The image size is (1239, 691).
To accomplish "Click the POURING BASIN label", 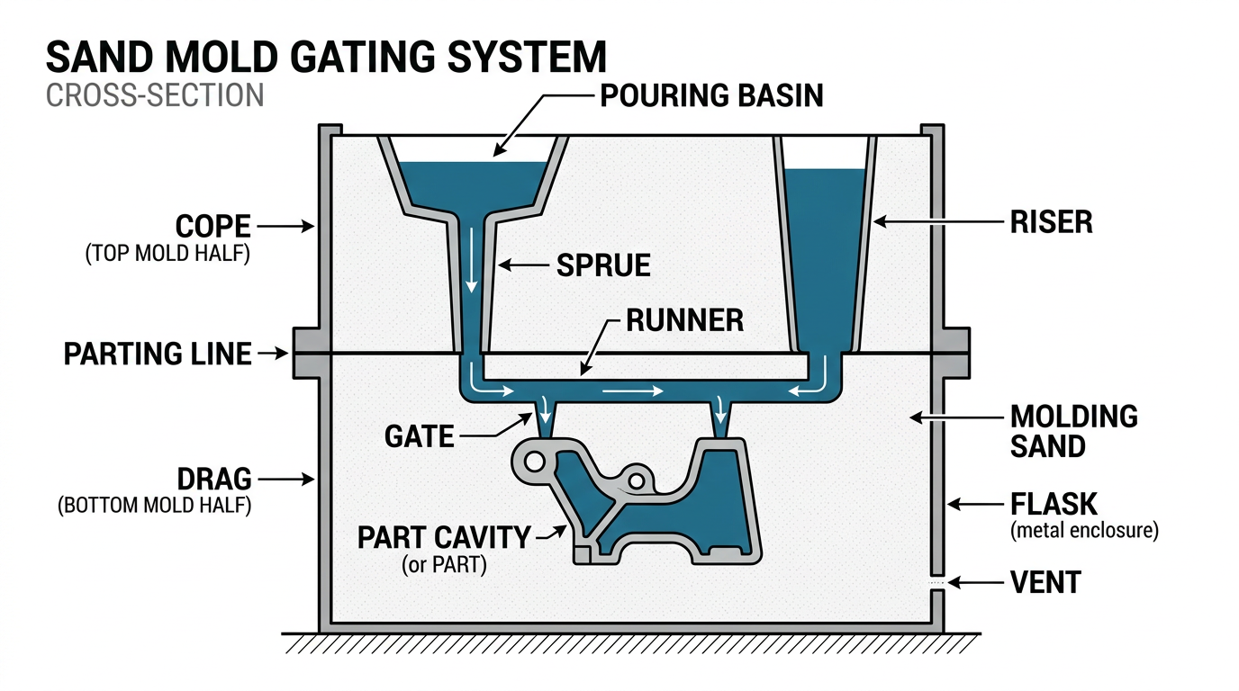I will [x=711, y=95].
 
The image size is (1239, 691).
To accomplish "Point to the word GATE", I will [x=419, y=436].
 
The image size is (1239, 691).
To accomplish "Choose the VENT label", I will [x=1045, y=583].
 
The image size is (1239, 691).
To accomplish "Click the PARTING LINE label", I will [x=158, y=354].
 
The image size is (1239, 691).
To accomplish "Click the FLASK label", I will [x=1054, y=504].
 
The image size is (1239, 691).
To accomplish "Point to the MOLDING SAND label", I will [x=1073, y=431].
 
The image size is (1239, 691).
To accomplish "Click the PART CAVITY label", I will [x=444, y=538].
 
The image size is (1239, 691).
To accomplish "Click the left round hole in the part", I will [x=533, y=462].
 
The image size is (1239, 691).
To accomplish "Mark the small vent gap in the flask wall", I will [x=936, y=583].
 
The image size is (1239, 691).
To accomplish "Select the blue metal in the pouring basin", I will [x=472, y=184].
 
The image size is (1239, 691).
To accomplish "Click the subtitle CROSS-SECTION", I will [x=155, y=95].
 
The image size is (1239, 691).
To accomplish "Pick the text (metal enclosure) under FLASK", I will [x=1083, y=530].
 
